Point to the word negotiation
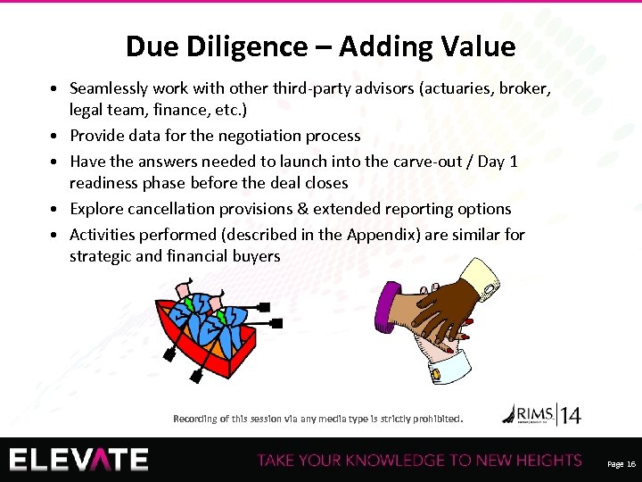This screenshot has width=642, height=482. pos(223,136)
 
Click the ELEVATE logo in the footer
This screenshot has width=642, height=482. pos(79,460)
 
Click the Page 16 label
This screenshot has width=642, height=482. pos(621,464)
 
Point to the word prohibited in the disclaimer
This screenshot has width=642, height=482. pos(432,418)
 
